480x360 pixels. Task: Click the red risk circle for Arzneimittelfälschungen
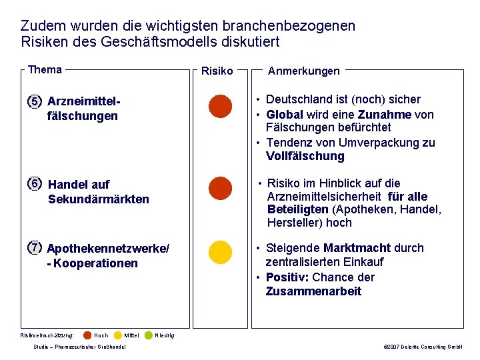220,107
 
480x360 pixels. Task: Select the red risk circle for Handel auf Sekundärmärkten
220,189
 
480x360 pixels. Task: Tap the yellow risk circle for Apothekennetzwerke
220,253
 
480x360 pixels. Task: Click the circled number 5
35,101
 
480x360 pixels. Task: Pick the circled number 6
35,183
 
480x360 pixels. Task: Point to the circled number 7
35,248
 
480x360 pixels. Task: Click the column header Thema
45,70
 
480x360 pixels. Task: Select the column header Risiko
217,71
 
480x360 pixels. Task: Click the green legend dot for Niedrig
149,335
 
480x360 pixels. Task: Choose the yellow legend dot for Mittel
118,335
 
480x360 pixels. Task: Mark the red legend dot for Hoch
87,335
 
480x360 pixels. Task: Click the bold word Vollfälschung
305,157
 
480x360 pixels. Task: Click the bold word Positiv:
287,277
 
